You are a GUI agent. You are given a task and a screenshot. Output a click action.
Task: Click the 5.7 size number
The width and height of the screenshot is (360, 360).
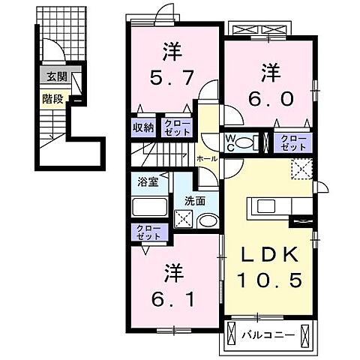(172, 76)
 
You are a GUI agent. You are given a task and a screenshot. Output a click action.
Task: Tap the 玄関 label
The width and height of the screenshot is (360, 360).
(56, 76)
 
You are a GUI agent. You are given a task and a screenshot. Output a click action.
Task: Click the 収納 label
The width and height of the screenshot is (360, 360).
(143, 127)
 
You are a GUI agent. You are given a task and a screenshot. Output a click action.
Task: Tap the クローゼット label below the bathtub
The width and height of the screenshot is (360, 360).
(144, 232)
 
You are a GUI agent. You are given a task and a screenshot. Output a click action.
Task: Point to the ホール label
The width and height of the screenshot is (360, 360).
(206, 159)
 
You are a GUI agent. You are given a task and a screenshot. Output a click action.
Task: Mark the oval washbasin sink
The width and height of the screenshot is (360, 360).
(208, 220)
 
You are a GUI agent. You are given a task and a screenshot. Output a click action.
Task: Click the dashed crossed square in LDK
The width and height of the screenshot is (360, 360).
(303, 170)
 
